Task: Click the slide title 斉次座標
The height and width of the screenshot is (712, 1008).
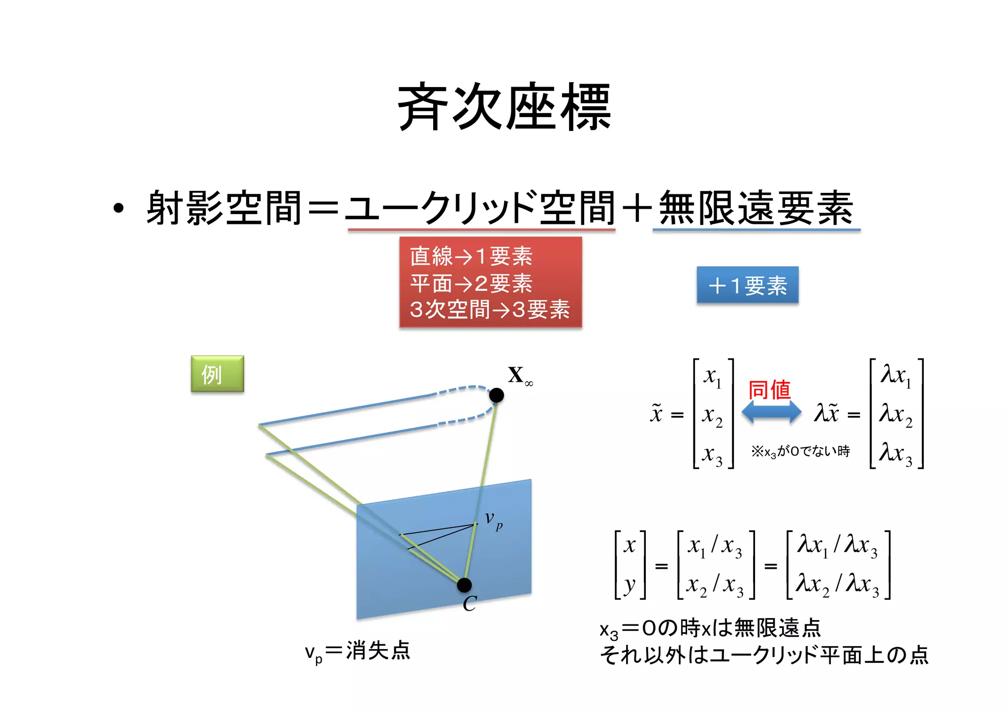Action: (x=504, y=107)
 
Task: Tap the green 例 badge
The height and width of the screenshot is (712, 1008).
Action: (x=217, y=374)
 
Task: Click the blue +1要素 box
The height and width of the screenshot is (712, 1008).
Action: (x=747, y=285)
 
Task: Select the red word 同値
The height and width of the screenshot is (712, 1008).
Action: (x=769, y=390)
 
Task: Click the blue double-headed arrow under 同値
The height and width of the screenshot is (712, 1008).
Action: (x=771, y=412)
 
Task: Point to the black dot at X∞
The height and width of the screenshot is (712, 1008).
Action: (x=497, y=395)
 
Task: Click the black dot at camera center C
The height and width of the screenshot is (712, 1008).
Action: (x=464, y=585)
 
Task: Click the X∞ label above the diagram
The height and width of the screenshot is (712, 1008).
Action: (x=519, y=376)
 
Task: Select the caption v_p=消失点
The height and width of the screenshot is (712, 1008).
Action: (x=358, y=651)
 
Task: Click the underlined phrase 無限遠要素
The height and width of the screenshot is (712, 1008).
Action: (x=756, y=209)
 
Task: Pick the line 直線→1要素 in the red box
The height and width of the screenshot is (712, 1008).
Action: (x=471, y=256)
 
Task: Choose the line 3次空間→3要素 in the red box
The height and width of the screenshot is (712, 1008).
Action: (x=490, y=310)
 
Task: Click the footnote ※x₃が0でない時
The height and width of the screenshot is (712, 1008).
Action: (x=800, y=452)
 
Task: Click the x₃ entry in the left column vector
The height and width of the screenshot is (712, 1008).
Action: (x=712, y=454)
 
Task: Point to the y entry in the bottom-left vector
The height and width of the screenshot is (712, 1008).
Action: (x=630, y=585)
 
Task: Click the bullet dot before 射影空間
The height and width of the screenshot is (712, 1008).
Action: (x=118, y=208)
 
